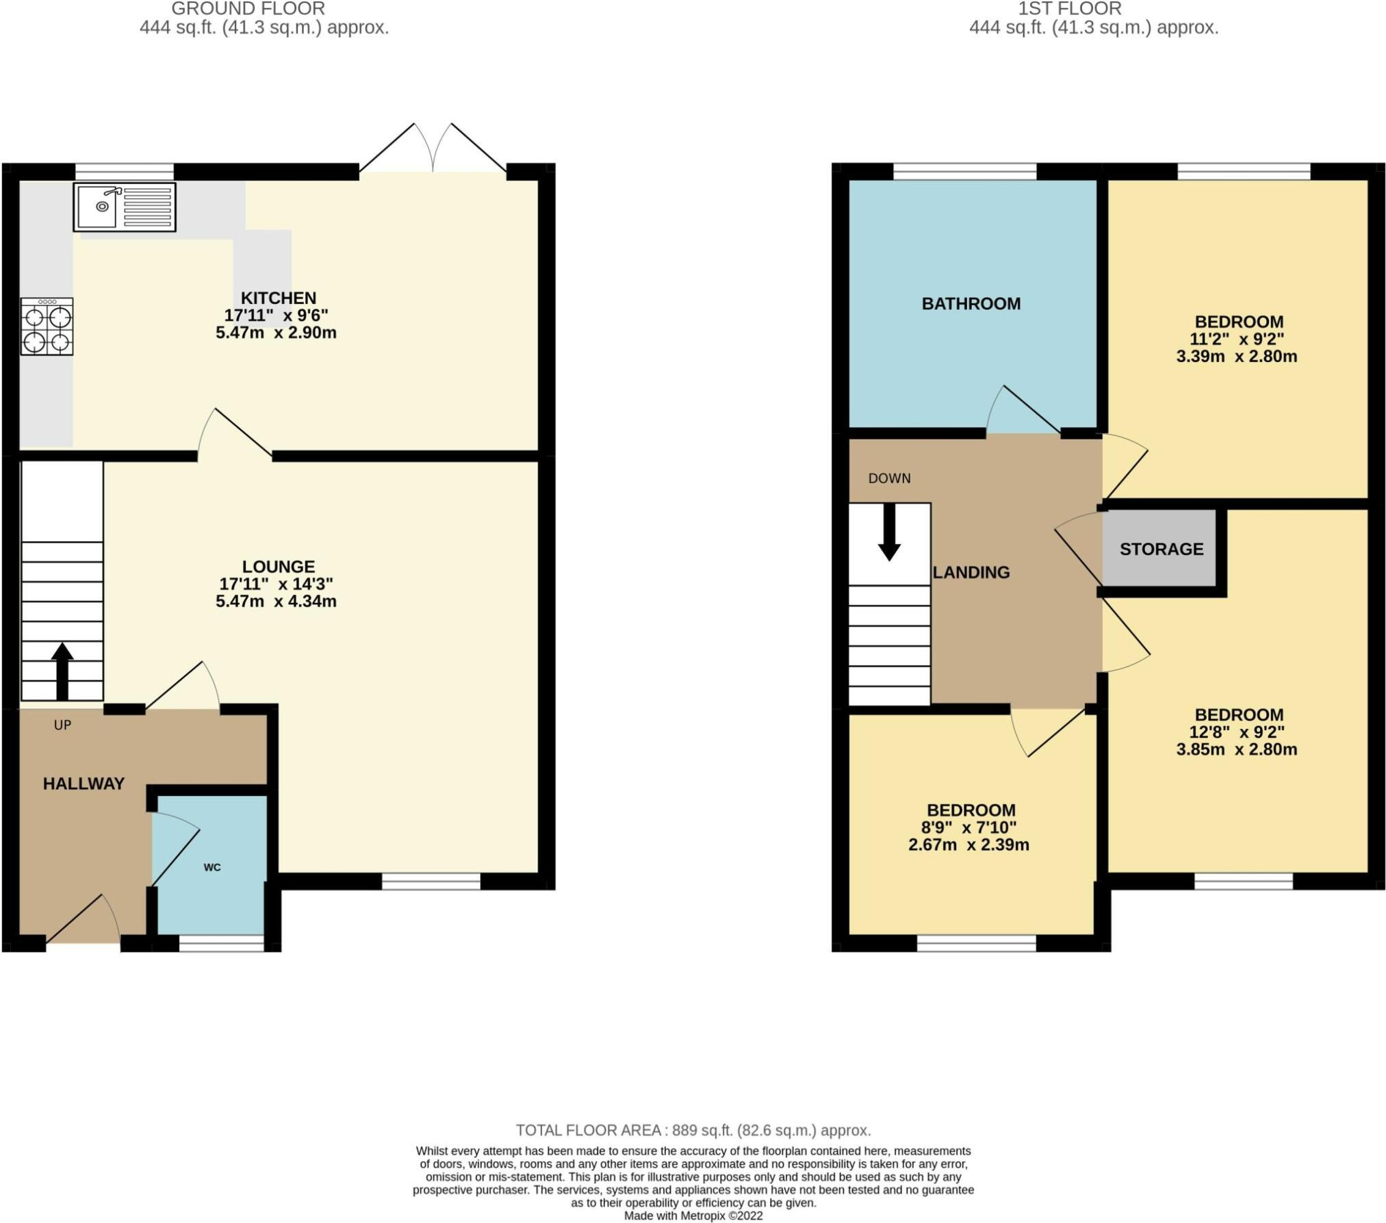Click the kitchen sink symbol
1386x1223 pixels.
[x=125, y=206]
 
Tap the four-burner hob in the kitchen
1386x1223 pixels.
[x=47, y=326]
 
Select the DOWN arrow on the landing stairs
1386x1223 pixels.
[x=889, y=532]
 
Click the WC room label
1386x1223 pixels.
[x=212, y=868]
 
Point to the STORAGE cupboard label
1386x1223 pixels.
[x=1162, y=549]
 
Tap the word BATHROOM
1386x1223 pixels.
[x=971, y=304]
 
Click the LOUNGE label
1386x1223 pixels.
[x=279, y=567]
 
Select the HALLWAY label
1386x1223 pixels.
[x=84, y=784]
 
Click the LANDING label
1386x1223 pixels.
[x=971, y=572]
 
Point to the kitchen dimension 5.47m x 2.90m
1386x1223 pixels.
[x=276, y=333]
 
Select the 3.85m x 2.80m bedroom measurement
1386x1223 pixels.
[x=1236, y=749]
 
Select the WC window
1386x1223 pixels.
[x=221, y=944]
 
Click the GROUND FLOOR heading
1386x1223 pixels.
[x=248, y=9]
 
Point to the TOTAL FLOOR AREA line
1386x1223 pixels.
[x=693, y=1130]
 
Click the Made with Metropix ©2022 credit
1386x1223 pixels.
[x=693, y=1215]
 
